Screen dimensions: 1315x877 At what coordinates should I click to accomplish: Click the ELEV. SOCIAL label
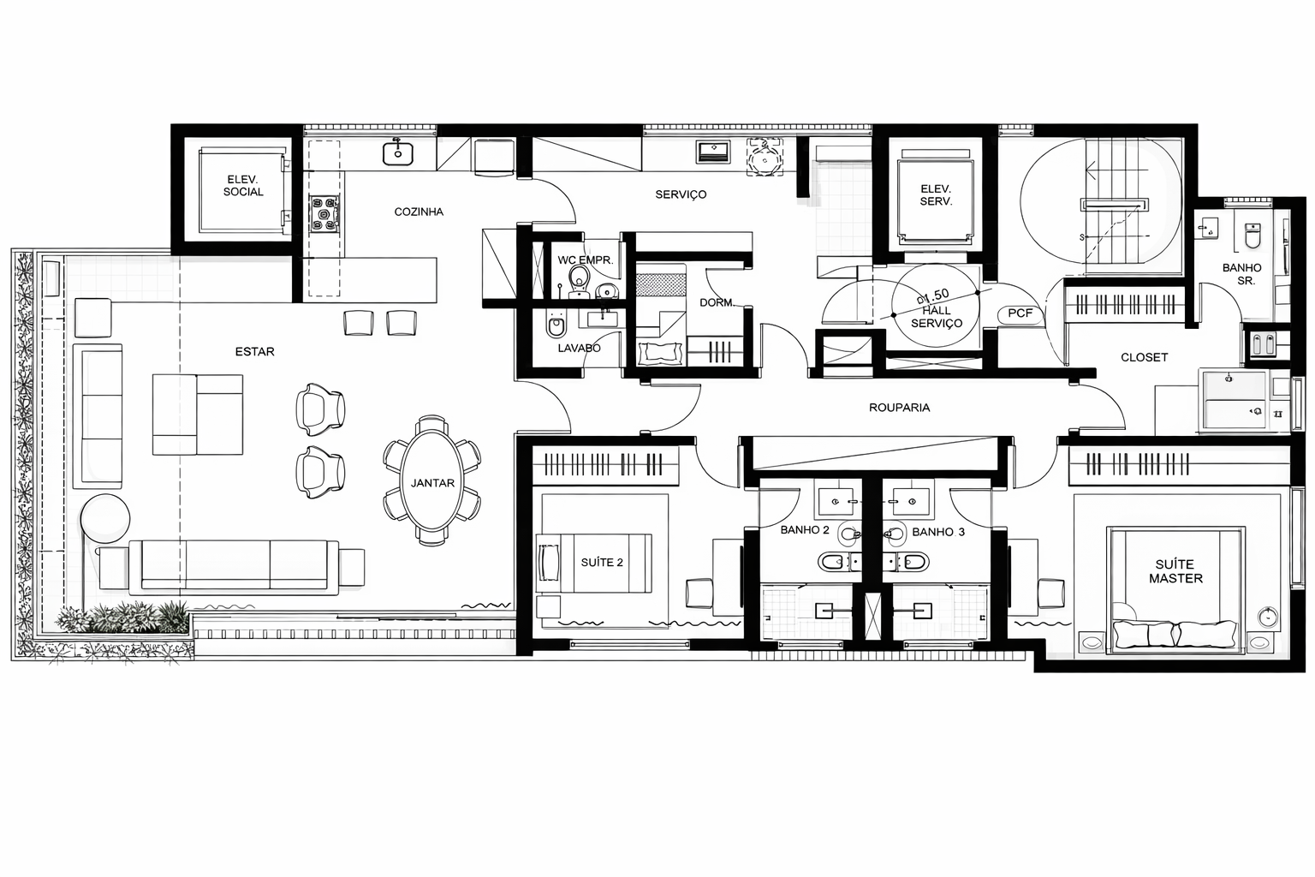[x=243, y=186]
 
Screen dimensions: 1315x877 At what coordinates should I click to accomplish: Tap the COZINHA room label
[x=419, y=212]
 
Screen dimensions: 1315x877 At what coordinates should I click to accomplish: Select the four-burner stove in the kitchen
[x=324, y=214]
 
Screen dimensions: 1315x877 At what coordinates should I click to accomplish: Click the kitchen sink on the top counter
[x=398, y=153]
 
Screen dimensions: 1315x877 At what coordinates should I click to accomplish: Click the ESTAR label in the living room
[x=255, y=351]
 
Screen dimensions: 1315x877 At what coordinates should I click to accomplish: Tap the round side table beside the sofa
[x=105, y=518]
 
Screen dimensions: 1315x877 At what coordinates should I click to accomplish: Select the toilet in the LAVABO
[x=556, y=325]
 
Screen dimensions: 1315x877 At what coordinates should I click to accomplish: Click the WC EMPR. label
[x=586, y=260]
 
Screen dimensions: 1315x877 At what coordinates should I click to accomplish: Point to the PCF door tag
[x=1020, y=313]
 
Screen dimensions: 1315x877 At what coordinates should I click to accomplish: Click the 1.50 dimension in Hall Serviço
[x=933, y=295]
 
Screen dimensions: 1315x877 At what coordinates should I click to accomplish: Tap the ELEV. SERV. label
[x=936, y=195]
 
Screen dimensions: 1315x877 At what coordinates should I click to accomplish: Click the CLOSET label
[x=1144, y=357]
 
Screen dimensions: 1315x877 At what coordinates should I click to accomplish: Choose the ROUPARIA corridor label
[x=900, y=408]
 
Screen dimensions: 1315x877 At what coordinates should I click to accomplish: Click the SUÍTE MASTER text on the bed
[x=1175, y=571]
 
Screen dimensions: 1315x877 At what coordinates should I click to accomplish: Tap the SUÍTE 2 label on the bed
[x=602, y=562]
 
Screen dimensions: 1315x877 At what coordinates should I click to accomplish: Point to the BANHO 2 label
[x=805, y=530]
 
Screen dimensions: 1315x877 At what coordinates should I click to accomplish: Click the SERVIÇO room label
[x=681, y=194]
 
